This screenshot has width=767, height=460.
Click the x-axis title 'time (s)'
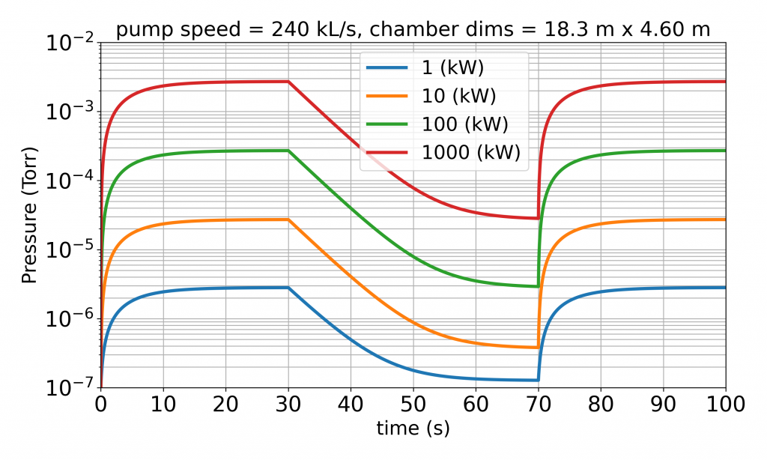pyautogui.click(x=413, y=429)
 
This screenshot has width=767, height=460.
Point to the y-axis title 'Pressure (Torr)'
pyautogui.click(x=29, y=214)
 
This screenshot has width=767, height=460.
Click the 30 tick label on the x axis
pyautogui.click(x=288, y=405)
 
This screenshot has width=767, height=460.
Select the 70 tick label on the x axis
pyautogui.click(x=539, y=405)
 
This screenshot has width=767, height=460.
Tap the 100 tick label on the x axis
pyautogui.click(x=725, y=405)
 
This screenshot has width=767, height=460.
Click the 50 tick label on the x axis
pyautogui.click(x=413, y=405)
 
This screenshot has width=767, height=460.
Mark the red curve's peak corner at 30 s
pyautogui.click(x=288, y=82)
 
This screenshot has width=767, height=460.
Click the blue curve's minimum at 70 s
pyautogui.click(x=538, y=380)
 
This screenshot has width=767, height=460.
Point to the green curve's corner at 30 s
pyautogui.click(x=288, y=151)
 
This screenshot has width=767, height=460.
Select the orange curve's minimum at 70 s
pyautogui.click(x=538, y=348)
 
